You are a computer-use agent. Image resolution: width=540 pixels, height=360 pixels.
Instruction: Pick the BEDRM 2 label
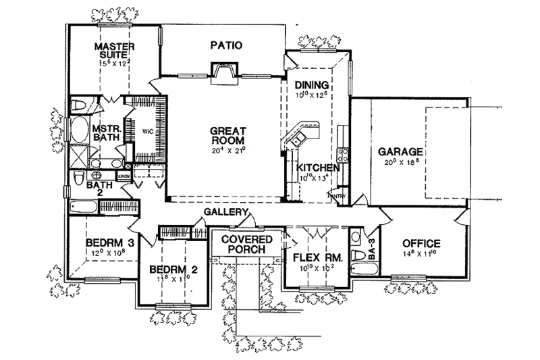click(x=173, y=269)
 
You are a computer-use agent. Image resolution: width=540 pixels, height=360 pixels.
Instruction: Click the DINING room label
click(x=312, y=85)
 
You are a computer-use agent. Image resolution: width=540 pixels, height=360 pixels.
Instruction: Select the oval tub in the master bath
click(x=79, y=132)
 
